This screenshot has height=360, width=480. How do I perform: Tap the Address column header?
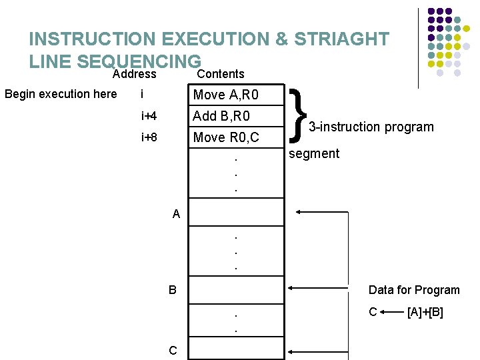coord(135,74)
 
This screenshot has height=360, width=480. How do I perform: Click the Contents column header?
coord(221,74)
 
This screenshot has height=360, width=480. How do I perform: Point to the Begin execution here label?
coord(61,94)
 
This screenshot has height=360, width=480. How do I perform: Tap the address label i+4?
coord(149,117)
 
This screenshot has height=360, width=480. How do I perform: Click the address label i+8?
coord(149,138)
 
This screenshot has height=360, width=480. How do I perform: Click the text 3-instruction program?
coord(371,127)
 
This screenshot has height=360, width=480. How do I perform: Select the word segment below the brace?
coord(314,153)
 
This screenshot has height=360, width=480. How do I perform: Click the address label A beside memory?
coord(176,214)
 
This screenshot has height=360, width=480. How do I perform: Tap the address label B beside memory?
coord(173,290)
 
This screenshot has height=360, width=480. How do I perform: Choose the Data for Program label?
coord(414,290)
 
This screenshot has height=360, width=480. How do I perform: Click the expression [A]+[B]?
coord(425,312)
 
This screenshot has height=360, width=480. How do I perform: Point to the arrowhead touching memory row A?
coord(298,213)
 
